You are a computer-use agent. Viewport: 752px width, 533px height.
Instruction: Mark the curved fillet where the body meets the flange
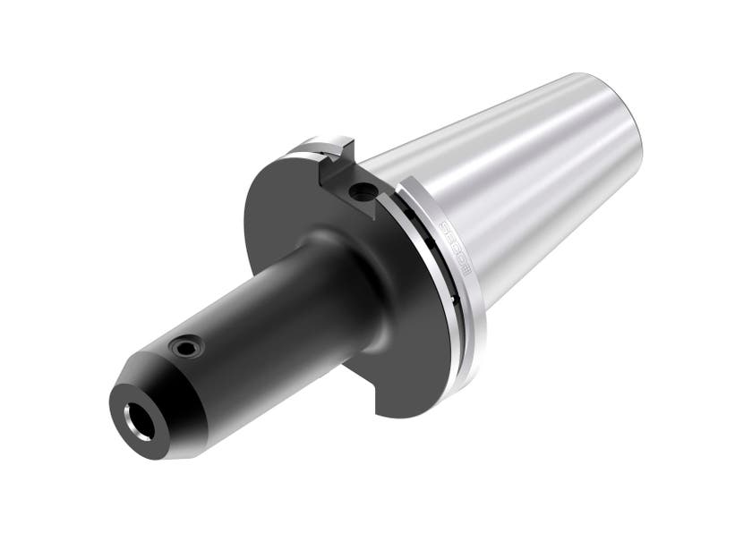pos(345,268)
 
